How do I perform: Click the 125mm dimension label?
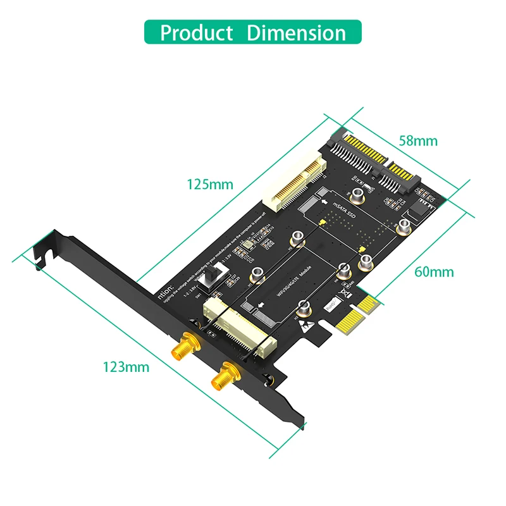(x=210, y=185)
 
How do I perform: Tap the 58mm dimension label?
(x=417, y=140)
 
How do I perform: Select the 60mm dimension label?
(x=434, y=272)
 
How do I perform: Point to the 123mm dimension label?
(x=126, y=367)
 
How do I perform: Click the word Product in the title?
(x=196, y=32)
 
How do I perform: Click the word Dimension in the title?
(x=296, y=32)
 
